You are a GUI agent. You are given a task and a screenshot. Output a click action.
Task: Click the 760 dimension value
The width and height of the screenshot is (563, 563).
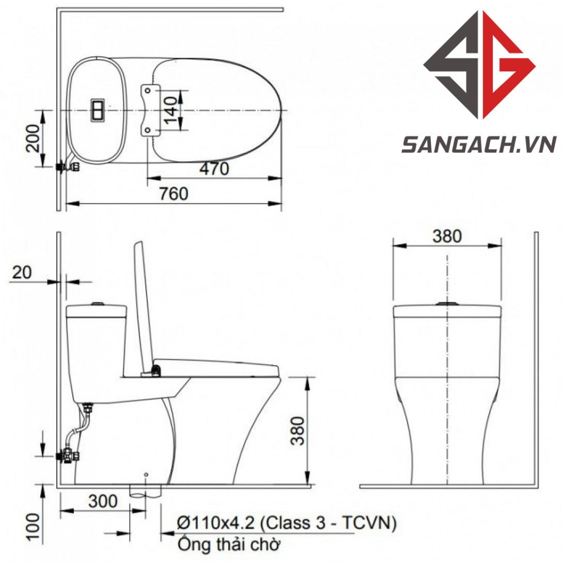[x=174, y=194]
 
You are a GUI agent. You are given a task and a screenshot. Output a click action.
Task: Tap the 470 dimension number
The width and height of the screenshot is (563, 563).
[x=214, y=169]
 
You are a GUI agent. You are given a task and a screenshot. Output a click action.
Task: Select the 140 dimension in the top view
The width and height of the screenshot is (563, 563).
[x=171, y=110]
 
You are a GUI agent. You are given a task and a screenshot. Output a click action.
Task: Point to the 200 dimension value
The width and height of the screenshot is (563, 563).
[x=33, y=138]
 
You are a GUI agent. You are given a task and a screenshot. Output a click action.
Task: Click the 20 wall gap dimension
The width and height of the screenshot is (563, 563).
[x=22, y=272]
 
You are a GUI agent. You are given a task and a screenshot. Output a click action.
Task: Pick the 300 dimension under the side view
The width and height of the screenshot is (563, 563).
[x=103, y=501]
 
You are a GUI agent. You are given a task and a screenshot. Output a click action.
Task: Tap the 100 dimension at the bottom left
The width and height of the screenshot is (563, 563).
[x=34, y=527]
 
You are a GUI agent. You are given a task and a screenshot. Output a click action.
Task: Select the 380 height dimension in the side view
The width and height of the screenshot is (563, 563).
[x=298, y=431]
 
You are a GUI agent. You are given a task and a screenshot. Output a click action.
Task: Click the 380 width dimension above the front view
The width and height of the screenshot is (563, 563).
[x=447, y=236]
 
